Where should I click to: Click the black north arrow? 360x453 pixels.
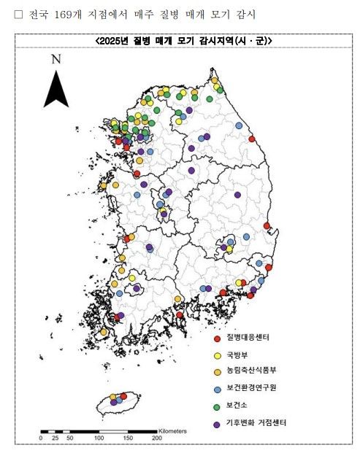pos(55,90)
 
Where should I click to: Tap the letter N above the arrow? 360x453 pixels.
pos(55,60)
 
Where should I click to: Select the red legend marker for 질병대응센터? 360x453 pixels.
pos(216,338)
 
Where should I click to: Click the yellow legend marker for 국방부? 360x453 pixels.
pos(216,355)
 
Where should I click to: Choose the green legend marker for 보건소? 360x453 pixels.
pos(216,406)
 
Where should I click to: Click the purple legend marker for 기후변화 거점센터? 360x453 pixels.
pos(216,424)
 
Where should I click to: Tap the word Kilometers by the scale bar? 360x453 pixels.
pos(172,430)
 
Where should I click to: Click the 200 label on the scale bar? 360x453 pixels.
pos(156,439)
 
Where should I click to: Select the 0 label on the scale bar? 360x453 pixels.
pos(41,439)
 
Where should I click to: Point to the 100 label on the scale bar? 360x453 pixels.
pos(98,439)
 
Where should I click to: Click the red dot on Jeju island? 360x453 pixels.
pos(123,396)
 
